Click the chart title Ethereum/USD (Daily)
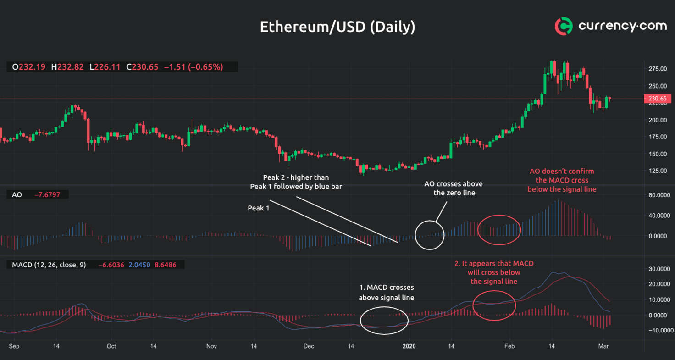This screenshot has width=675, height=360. pos(337,27)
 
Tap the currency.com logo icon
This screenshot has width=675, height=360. pos(563,27)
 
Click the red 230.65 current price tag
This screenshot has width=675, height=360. pos(658,99)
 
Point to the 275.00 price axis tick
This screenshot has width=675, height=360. pos(658,69)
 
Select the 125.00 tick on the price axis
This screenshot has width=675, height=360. pos(658,171)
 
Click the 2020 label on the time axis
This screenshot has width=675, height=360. pos(408,347)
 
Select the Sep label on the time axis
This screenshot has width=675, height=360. pos(14,347)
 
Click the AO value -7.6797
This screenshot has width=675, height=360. pos(51,195)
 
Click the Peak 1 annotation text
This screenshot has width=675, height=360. pos(259,208)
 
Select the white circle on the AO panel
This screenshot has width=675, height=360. pos(430,235)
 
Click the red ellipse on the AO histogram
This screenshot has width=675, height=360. pos(499,229)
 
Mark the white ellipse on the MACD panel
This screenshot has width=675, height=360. pos(384,320)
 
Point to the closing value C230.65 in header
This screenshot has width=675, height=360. pos(142,67)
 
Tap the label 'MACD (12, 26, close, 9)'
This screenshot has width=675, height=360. pos(49,265)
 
